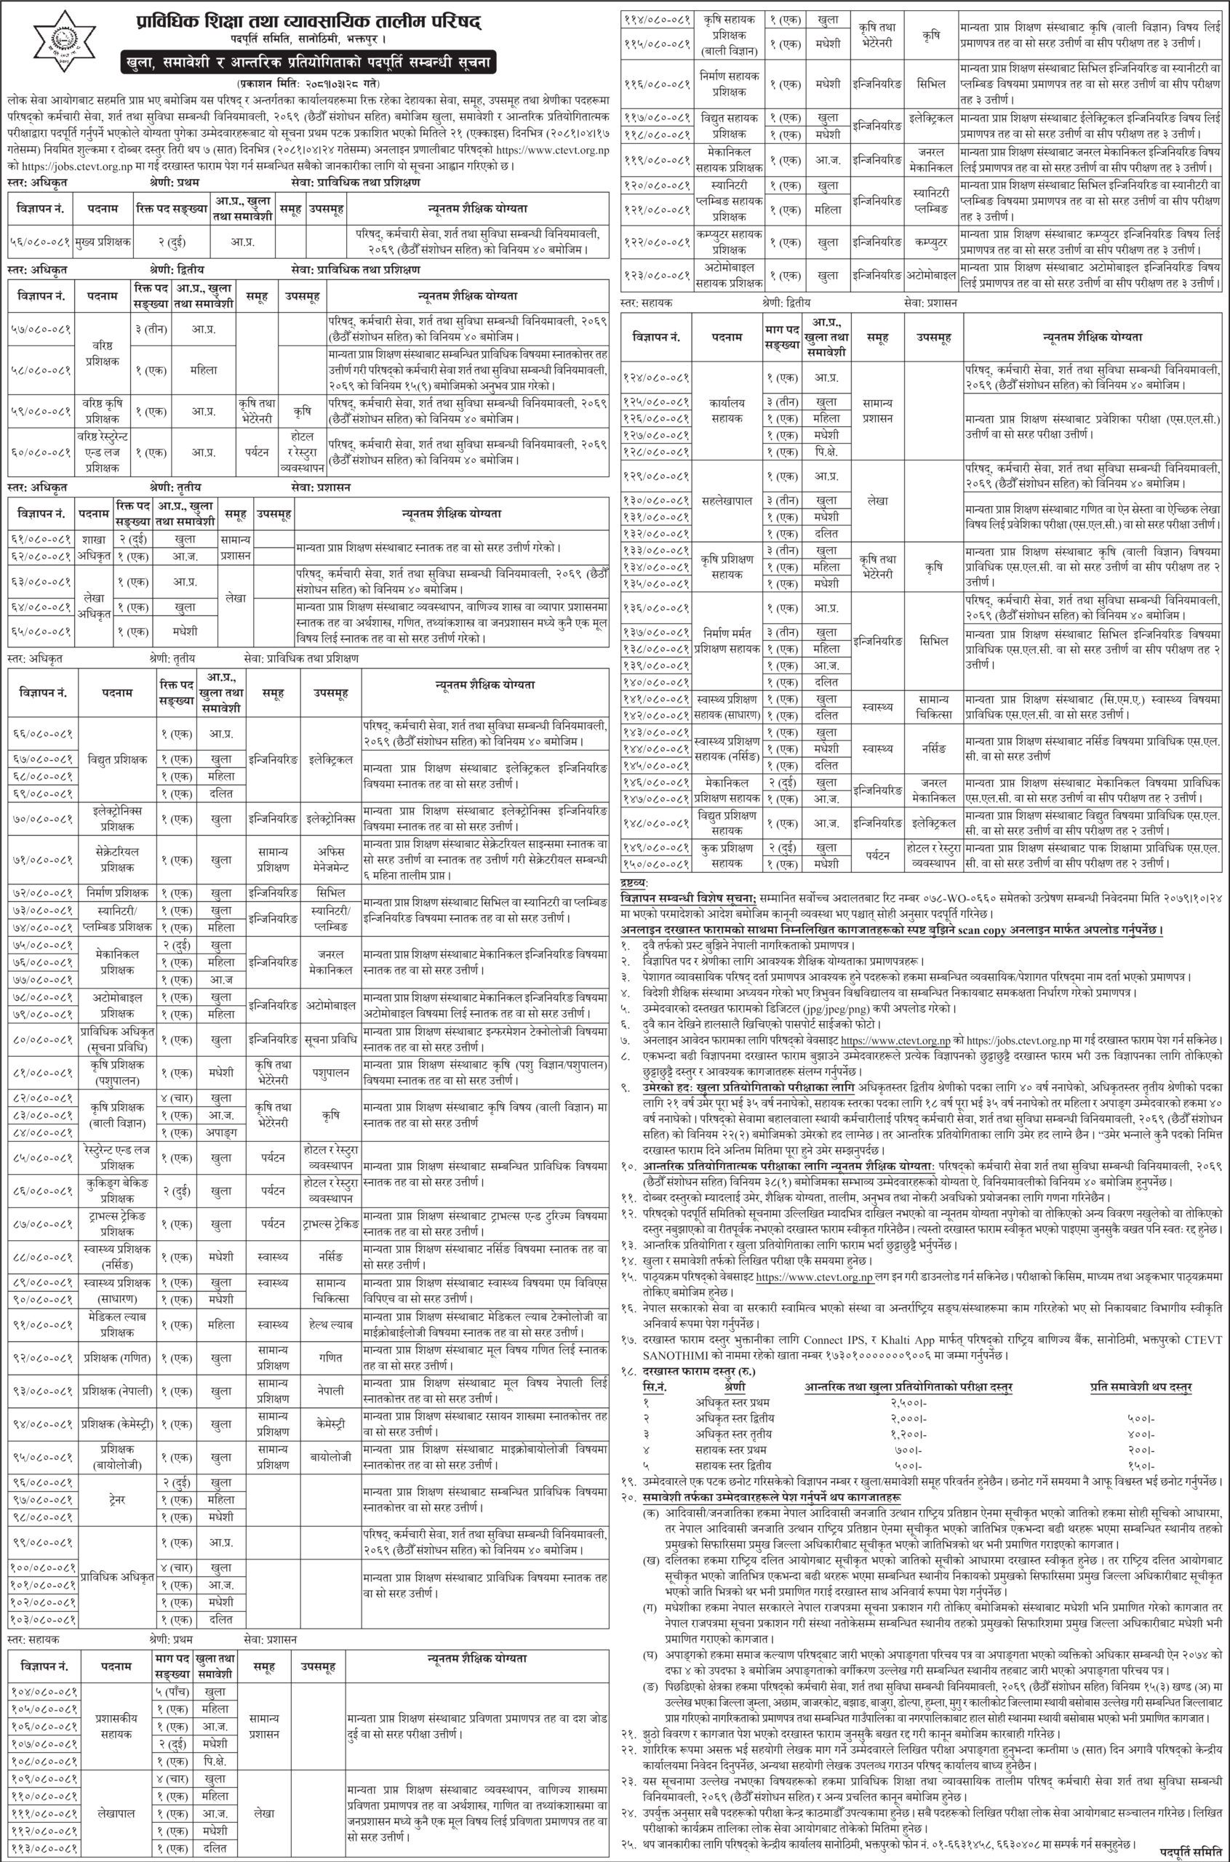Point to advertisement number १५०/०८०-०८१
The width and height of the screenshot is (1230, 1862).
click(656, 863)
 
